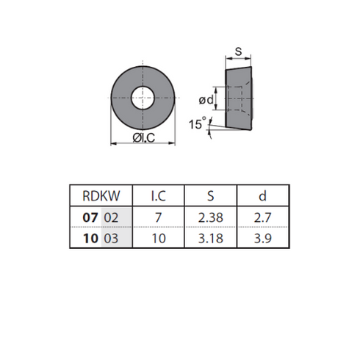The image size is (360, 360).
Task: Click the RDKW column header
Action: pyautogui.click(x=101, y=196)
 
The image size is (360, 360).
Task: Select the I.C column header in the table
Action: pyautogui.click(x=159, y=196)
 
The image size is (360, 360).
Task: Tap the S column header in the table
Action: pyautogui.click(x=211, y=196)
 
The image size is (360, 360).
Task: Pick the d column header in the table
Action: pyautogui.click(x=262, y=196)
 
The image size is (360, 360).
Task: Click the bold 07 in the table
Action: pyautogui.click(x=90, y=217)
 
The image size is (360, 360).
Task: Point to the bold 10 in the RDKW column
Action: pyautogui.click(x=90, y=238)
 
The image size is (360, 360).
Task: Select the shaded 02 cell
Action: pyautogui.click(x=116, y=217)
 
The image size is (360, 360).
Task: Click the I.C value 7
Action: pyautogui.click(x=159, y=217)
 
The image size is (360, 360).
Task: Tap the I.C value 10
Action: pyautogui.click(x=159, y=238)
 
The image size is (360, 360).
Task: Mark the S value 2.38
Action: pyautogui.click(x=211, y=217)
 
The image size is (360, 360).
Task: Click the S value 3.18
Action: pyautogui.click(x=211, y=238)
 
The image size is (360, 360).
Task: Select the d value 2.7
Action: pyautogui.click(x=262, y=217)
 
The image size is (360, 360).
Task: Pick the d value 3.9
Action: pyautogui.click(x=262, y=238)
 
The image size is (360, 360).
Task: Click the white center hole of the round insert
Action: pyautogui.click(x=143, y=98)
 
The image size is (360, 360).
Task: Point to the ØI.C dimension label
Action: pyautogui.click(x=144, y=138)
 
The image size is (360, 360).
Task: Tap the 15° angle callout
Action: pyautogui.click(x=198, y=123)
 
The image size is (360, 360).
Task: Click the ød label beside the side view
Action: pyautogui.click(x=206, y=100)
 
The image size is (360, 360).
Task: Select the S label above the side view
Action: pyautogui.click(x=238, y=51)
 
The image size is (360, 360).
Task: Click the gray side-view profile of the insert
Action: pyautogui.click(x=239, y=98)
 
